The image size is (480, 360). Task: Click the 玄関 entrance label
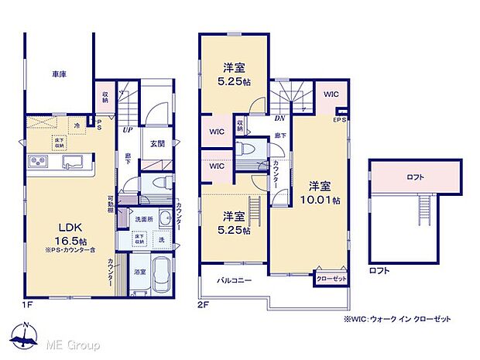coord(156,144)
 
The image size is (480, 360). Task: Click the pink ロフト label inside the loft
coord(415,177)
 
